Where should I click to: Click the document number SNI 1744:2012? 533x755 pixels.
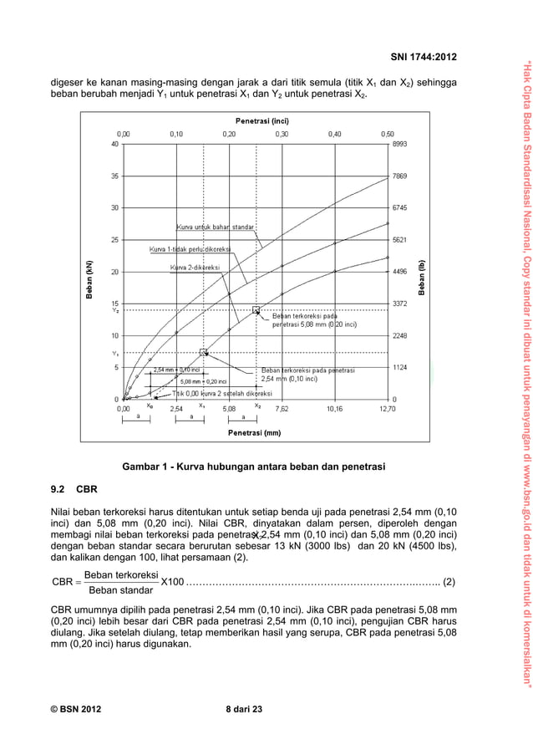[x=424, y=57]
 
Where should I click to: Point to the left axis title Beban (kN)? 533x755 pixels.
[x=89, y=272]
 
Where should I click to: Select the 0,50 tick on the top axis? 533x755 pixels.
[x=387, y=134]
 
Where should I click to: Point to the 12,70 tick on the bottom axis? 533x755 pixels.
[x=387, y=410]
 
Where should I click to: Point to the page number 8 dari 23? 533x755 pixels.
[x=244, y=710]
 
